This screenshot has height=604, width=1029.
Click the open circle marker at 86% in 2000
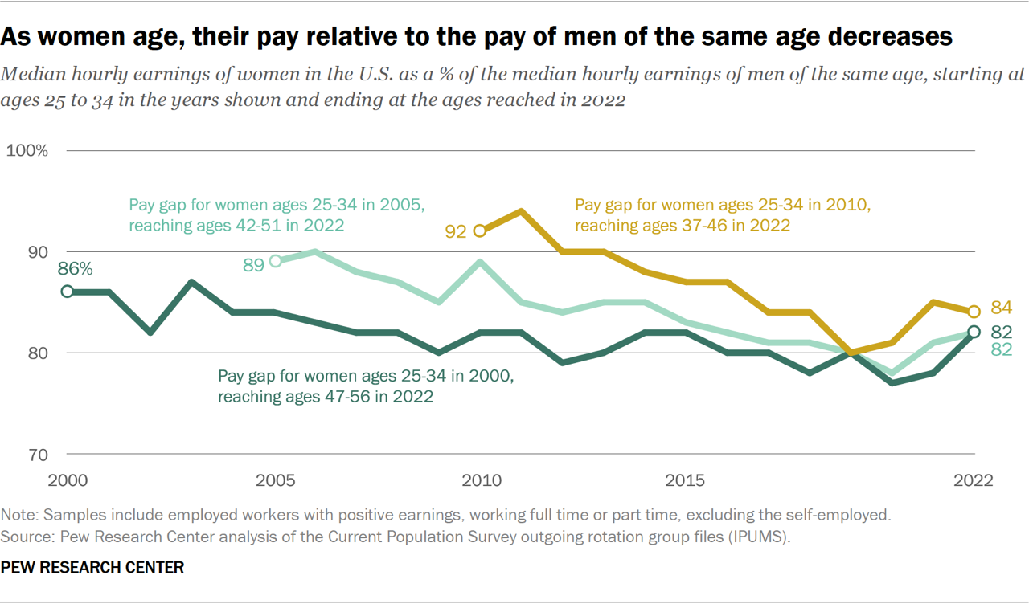(x=68, y=292)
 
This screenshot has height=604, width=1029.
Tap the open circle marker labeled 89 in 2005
(x=274, y=261)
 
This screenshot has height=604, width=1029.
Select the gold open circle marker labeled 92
(x=480, y=231)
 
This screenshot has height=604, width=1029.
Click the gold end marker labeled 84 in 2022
(x=974, y=312)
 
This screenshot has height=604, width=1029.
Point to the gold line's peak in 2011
(x=521, y=210)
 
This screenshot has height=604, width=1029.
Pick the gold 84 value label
(x=1001, y=308)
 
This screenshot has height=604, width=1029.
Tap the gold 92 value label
(x=456, y=232)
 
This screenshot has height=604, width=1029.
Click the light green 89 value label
(x=253, y=264)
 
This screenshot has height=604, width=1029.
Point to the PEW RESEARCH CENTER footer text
(x=92, y=567)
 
